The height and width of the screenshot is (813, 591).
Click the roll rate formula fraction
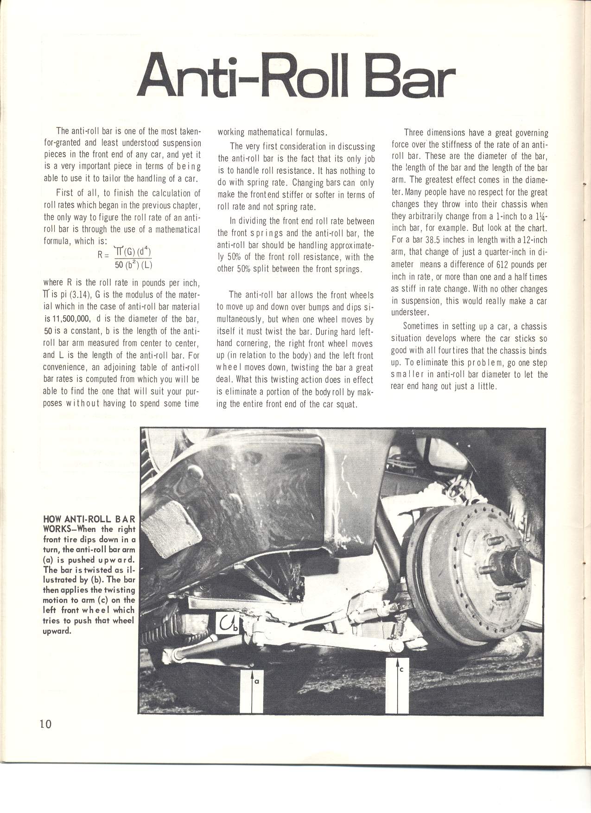point(133,259)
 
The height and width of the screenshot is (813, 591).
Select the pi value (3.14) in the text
point(77,295)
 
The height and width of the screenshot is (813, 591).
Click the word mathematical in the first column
point(176,229)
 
